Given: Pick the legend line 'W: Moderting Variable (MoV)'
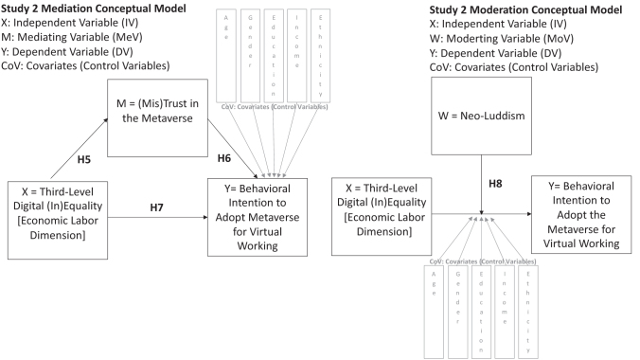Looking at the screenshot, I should click(513, 39).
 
